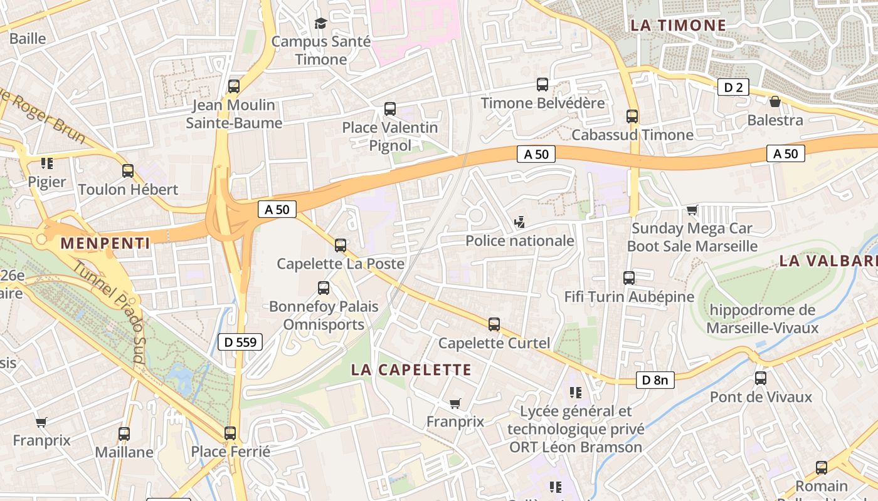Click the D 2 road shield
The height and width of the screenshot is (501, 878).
pyautogui.click(x=733, y=88)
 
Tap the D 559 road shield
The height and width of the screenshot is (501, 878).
pyautogui.click(x=240, y=342)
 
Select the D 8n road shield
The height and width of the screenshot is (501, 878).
pyautogui.click(x=655, y=380)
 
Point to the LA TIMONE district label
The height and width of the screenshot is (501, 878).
pyautogui.click(x=678, y=26)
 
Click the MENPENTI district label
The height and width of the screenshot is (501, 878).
pyautogui.click(x=105, y=244)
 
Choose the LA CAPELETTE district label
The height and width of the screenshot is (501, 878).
pyautogui.click(x=411, y=369)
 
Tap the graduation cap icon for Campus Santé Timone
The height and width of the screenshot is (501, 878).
pyautogui.click(x=320, y=24)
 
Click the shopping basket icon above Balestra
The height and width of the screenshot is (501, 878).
pyautogui.click(x=775, y=101)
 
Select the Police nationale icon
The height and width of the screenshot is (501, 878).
pyautogui.click(x=519, y=222)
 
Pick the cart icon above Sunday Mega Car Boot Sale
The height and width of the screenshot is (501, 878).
pyautogui.click(x=692, y=210)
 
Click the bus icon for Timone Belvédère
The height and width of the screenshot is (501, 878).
pyautogui.click(x=542, y=85)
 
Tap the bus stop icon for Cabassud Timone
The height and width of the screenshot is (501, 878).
pyautogui.click(x=632, y=116)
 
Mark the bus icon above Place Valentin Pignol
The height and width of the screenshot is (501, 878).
pyautogui.click(x=390, y=109)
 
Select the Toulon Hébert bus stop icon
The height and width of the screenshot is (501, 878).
pyautogui.click(x=128, y=171)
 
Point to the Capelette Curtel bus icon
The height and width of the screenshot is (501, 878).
pyautogui.click(x=494, y=324)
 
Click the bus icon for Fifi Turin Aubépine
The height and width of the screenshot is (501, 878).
pyautogui.click(x=629, y=278)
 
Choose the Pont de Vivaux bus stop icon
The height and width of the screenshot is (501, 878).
pyautogui.click(x=761, y=378)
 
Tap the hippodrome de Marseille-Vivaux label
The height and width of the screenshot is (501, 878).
pyautogui.click(x=762, y=319)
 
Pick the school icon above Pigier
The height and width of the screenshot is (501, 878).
pyautogui.click(x=46, y=163)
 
